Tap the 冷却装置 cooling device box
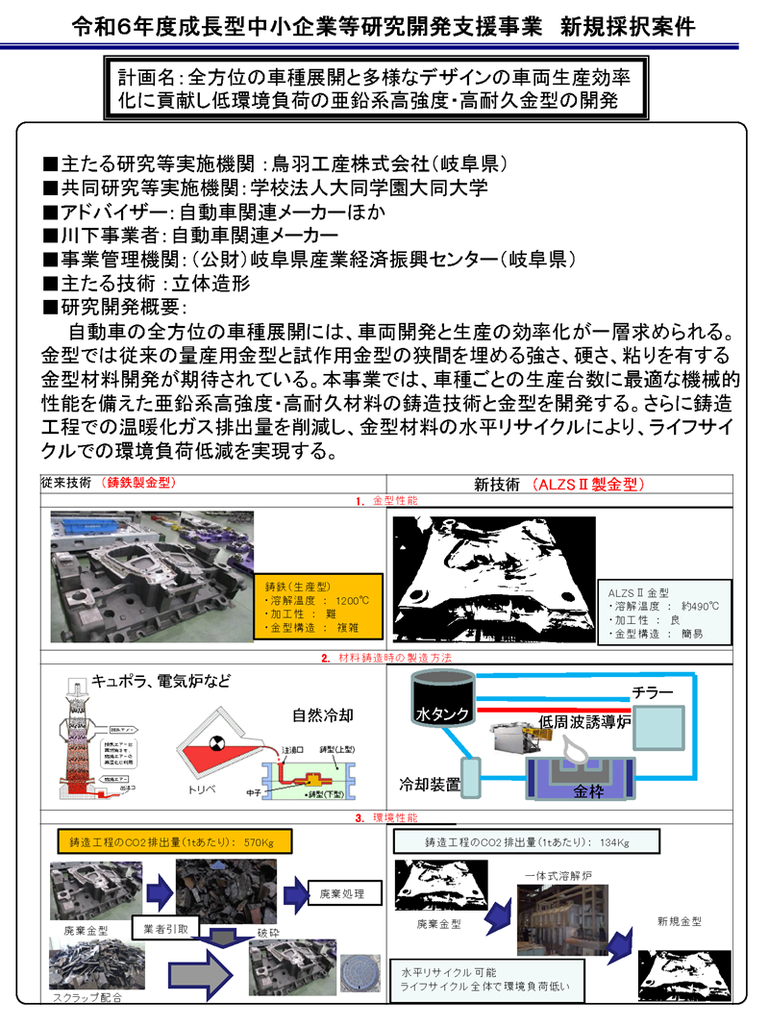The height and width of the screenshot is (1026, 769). point(470,785)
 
